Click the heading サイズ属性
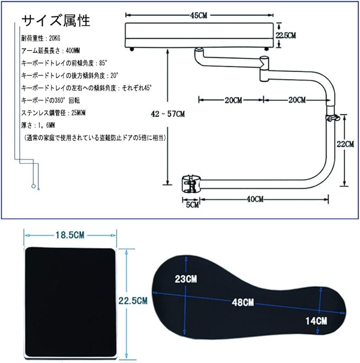coord(56,21)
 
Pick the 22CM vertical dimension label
coord(345,144)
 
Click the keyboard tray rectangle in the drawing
coord(201,35)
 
